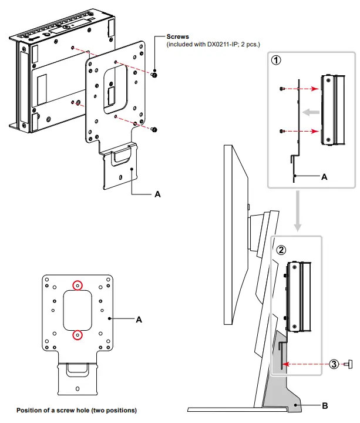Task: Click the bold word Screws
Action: pyautogui.click(x=178, y=37)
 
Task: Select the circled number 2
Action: pyautogui.click(x=281, y=249)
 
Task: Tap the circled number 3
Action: pyautogui.click(x=334, y=364)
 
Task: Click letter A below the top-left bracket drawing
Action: pyautogui.click(x=157, y=193)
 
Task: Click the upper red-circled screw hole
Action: pyautogui.click(x=77, y=286)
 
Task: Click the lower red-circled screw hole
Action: pyautogui.click(x=77, y=335)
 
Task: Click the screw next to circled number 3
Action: pyautogui.click(x=349, y=364)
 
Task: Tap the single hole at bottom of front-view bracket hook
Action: pyautogui.click(x=78, y=388)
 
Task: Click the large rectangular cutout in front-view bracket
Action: pyautogui.click(x=77, y=310)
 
